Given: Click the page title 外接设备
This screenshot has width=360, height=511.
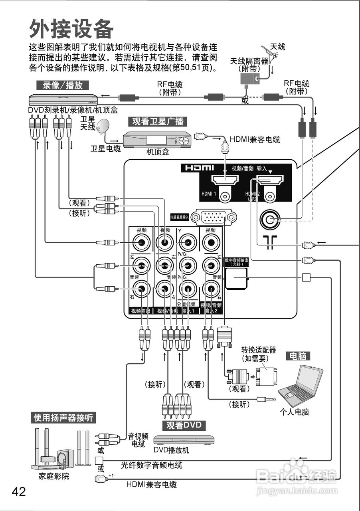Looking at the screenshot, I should [x=71, y=29].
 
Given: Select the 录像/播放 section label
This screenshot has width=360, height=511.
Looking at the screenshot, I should [x=60, y=85].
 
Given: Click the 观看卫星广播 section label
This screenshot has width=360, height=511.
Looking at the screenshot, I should [x=158, y=121].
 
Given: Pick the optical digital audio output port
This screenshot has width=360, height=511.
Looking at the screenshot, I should [x=237, y=278].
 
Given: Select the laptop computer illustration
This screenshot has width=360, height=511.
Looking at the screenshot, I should [x=301, y=385].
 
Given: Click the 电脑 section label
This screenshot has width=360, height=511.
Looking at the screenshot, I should [x=298, y=356].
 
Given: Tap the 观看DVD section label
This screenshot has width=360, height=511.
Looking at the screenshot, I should [x=184, y=425].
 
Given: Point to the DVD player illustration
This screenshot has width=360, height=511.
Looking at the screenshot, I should [x=184, y=440].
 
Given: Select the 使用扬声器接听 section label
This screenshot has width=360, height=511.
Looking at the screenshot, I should [x=63, y=418].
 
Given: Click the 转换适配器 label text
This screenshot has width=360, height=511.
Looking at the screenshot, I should [x=258, y=350].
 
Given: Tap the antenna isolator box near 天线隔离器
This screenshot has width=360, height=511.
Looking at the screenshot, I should [x=250, y=78].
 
